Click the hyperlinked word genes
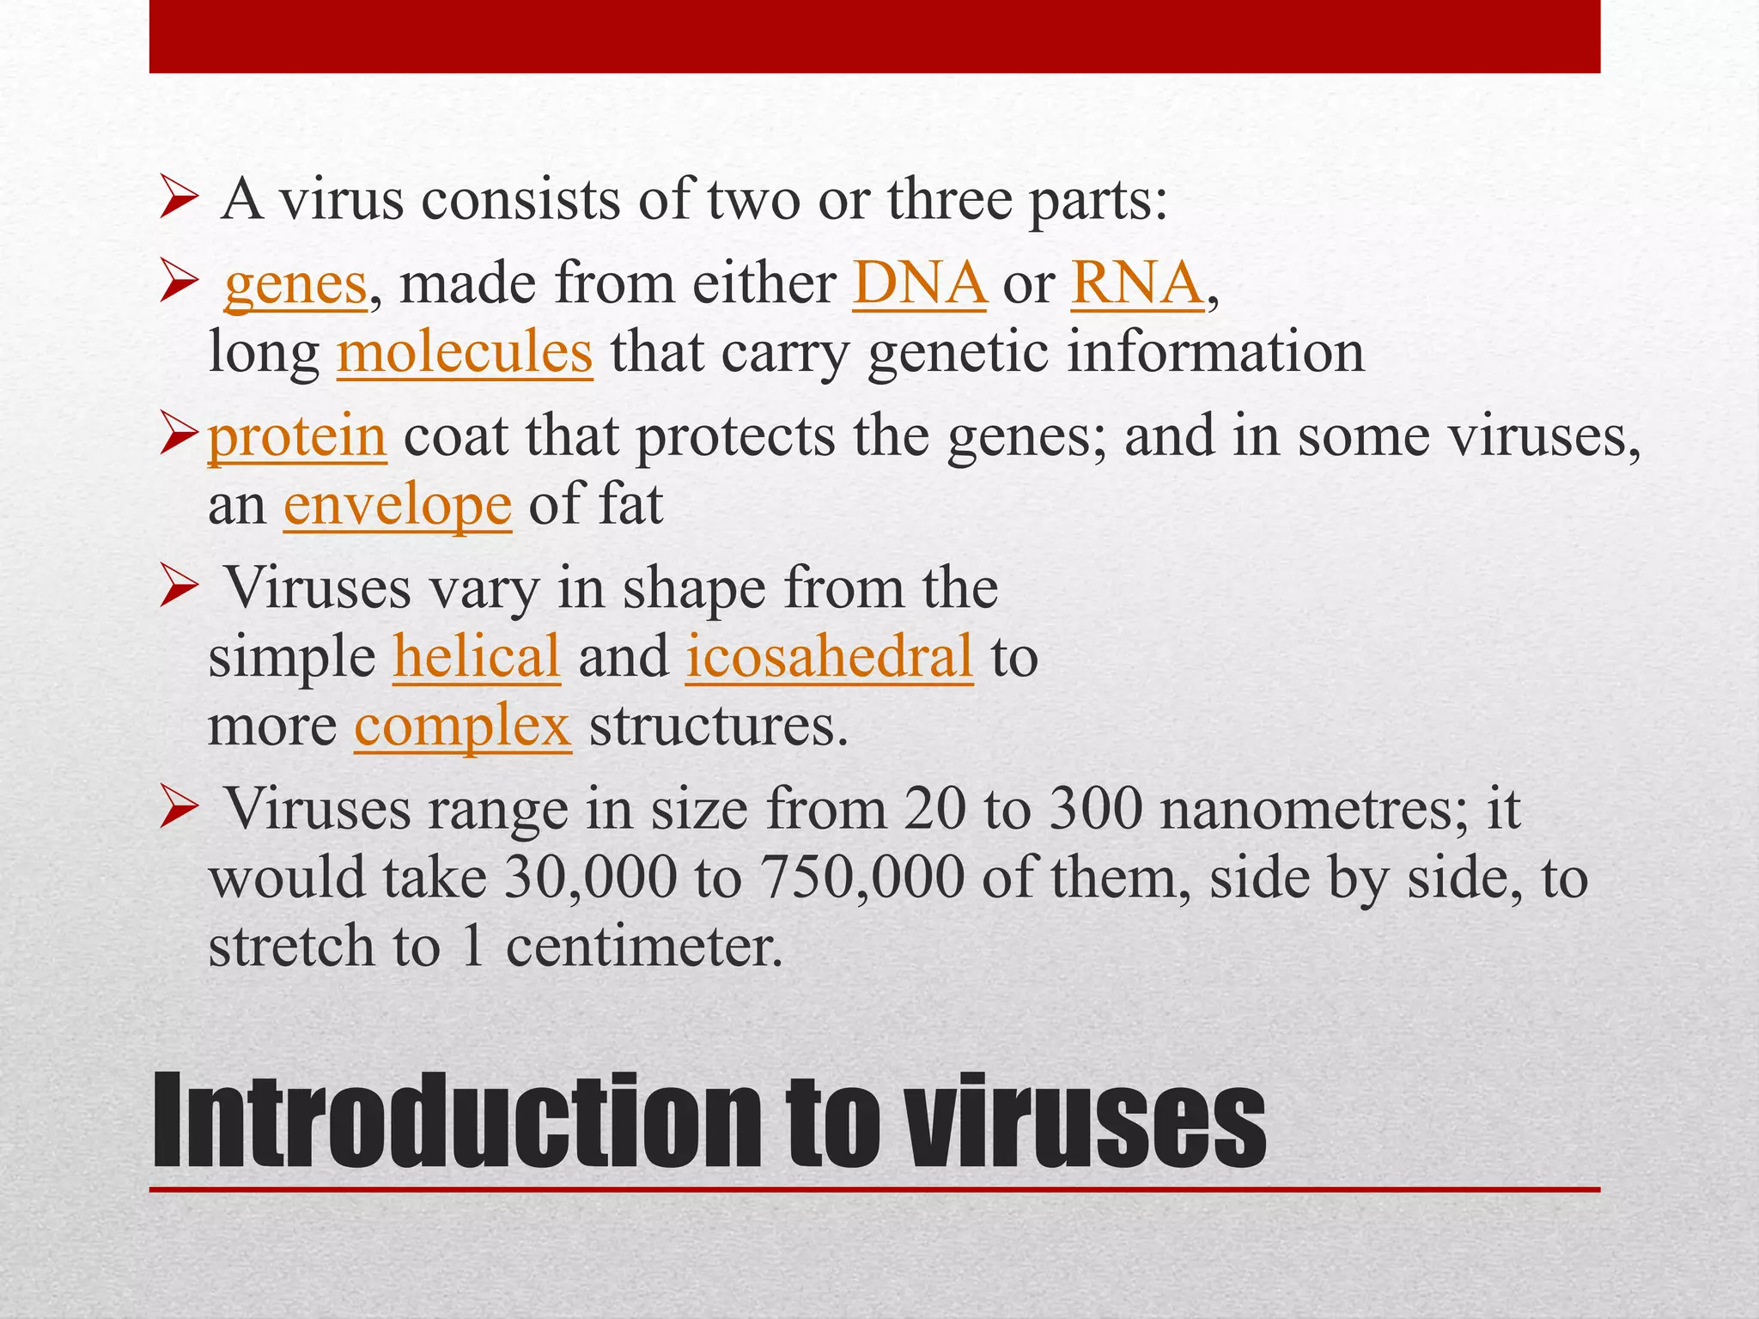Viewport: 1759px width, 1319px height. pyautogui.click(x=295, y=285)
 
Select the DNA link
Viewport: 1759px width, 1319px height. pyautogui.click(x=919, y=283)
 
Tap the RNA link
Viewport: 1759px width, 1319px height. pyautogui.click(x=1137, y=283)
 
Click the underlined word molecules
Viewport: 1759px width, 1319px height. pyautogui.click(x=465, y=352)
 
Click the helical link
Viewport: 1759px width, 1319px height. pyautogui.click(x=477, y=657)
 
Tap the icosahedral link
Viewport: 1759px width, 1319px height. pyautogui.click(x=830, y=657)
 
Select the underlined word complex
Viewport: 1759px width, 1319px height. pyautogui.click(x=463, y=726)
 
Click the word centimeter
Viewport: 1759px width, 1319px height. pyautogui.click(x=644, y=947)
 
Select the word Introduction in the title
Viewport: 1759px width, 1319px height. pyautogui.click(x=455, y=1122)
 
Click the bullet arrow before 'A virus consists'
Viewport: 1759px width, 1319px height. pyautogui.click(x=179, y=204)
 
